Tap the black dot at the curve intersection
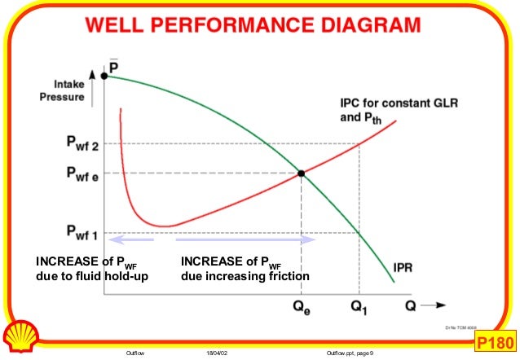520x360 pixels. point(302,173)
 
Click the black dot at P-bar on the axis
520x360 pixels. point(105,76)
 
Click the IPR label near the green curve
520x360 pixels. point(407,267)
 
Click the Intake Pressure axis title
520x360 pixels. point(61,89)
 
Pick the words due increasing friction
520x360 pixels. point(245,277)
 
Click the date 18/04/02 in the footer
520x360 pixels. point(216,352)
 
